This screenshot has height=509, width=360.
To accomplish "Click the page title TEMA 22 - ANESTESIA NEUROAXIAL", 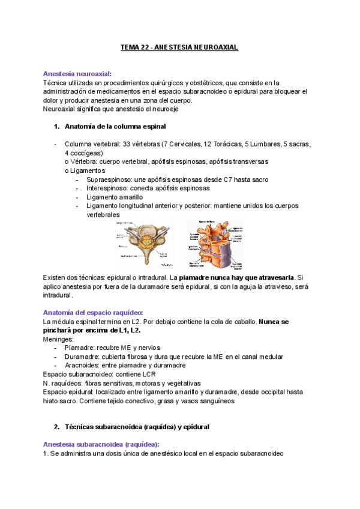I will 180,47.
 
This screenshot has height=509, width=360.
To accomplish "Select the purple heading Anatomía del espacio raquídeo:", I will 93,312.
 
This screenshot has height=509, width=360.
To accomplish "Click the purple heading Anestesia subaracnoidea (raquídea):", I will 101,444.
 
